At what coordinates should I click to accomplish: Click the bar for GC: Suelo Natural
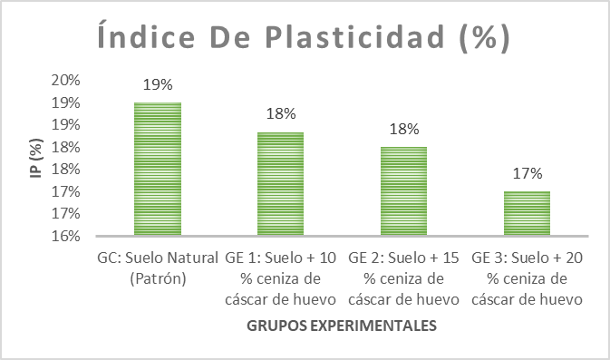(x=158, y=170)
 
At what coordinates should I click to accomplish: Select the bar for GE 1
(x=281, y=184)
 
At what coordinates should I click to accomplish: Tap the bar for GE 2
(x=403, y=191)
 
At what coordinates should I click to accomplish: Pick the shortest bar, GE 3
(x=527, y=214)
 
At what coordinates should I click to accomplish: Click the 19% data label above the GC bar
(x=158, y=84)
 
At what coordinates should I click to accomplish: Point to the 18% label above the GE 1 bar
(x=281, y=114)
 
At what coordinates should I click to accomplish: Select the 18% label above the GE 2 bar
(x=403, y=129)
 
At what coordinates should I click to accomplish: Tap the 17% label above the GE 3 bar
(x=527, y=173)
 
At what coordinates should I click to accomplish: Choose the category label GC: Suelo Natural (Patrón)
(x=158, y=268)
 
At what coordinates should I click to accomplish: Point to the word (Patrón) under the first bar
(x=158, y=278)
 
